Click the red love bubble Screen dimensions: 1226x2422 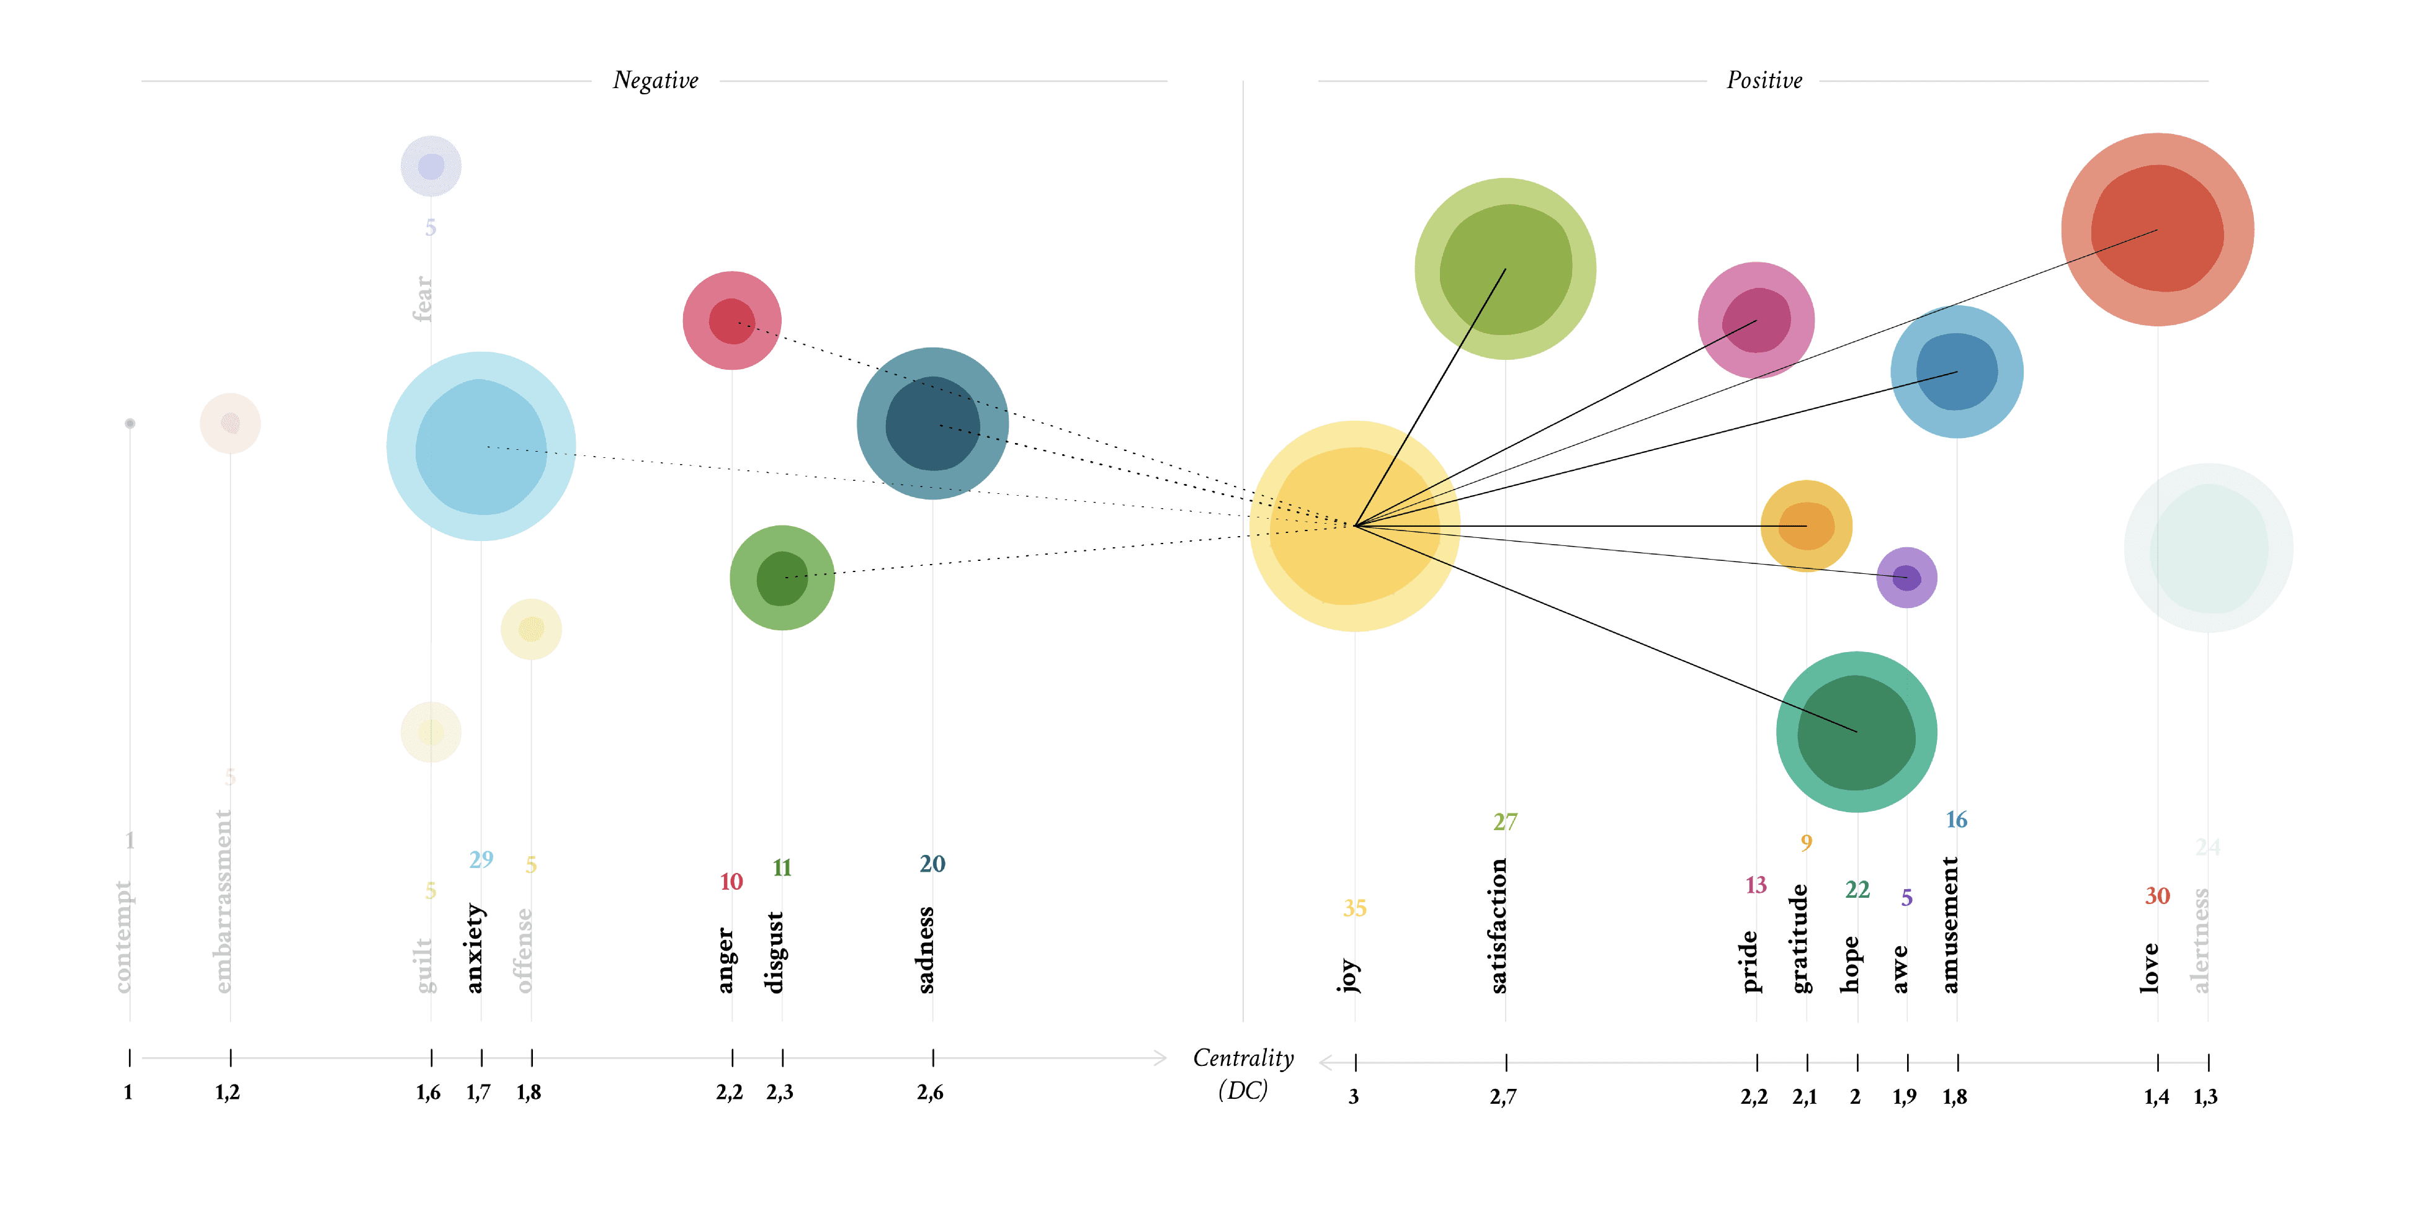(x=2157, y=230)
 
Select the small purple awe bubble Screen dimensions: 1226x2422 (x=1906, y=577)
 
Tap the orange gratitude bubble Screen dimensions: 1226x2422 (x=1805, y=526)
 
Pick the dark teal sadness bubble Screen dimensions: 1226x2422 (x=932, y=423)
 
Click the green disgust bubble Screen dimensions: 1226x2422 (x=781, y=577)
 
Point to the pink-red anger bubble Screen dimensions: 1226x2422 (x=731, y=321)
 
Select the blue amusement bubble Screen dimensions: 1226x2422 (x=1957, y=372)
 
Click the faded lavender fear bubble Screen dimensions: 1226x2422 (x=431, y=166)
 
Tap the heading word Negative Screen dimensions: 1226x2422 (x=655, y=81)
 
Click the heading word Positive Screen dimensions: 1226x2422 (x=1764, y=81)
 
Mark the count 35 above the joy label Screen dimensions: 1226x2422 (x=1354, y=908)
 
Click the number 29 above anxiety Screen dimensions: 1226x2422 (x=480, y=859)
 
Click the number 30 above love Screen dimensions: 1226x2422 (x=2157, y=896)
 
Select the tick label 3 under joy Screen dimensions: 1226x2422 (x=1353, y=1097)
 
